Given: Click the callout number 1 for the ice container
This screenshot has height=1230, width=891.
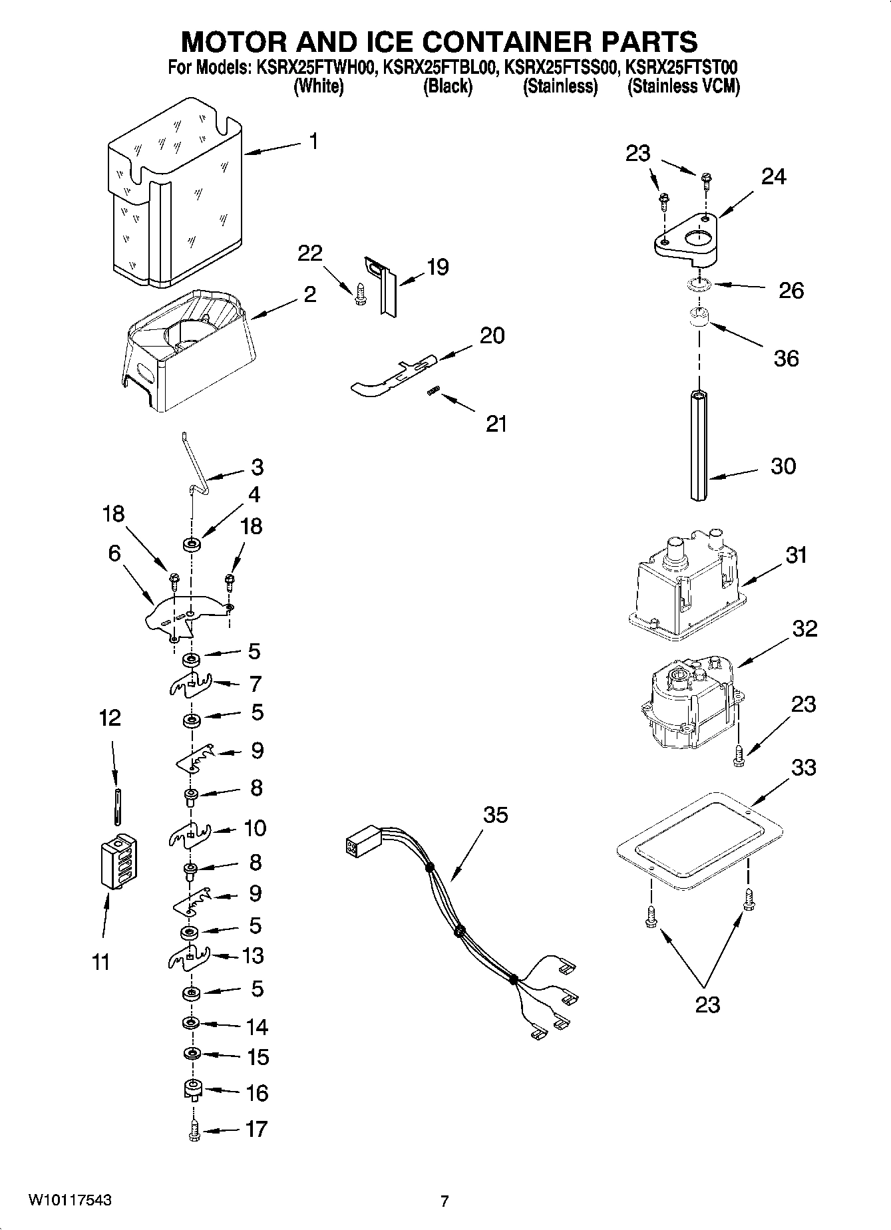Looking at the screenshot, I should (x=313, y=142).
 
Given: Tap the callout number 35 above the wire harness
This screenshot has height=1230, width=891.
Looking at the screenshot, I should (x=495, y=815).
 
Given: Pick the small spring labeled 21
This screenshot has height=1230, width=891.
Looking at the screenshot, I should (x=431, y=392).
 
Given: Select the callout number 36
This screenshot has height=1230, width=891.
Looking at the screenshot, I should (x=786, y=359).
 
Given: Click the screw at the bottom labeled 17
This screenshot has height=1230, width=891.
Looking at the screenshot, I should (x=194, y=1130).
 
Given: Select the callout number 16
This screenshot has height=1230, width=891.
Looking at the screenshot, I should (x=257, y=1093).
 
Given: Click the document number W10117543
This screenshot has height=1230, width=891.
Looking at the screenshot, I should (x=69, y=1200).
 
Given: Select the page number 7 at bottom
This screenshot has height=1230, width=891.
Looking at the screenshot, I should (x=445, y=1201).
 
